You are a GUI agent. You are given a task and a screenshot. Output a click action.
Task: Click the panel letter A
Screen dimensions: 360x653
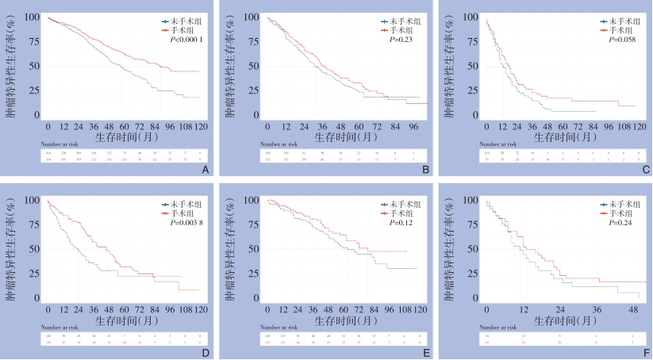(206, 170)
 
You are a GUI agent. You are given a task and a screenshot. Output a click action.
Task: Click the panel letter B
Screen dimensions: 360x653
(426, 170)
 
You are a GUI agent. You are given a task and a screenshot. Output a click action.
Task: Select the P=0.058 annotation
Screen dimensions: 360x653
(614, 37)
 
